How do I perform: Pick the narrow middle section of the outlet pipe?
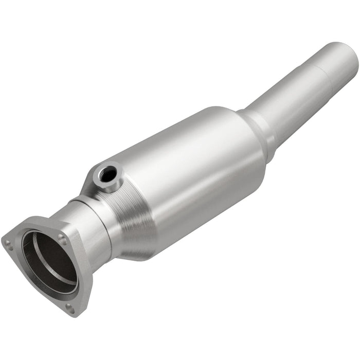tap(288, 103)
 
